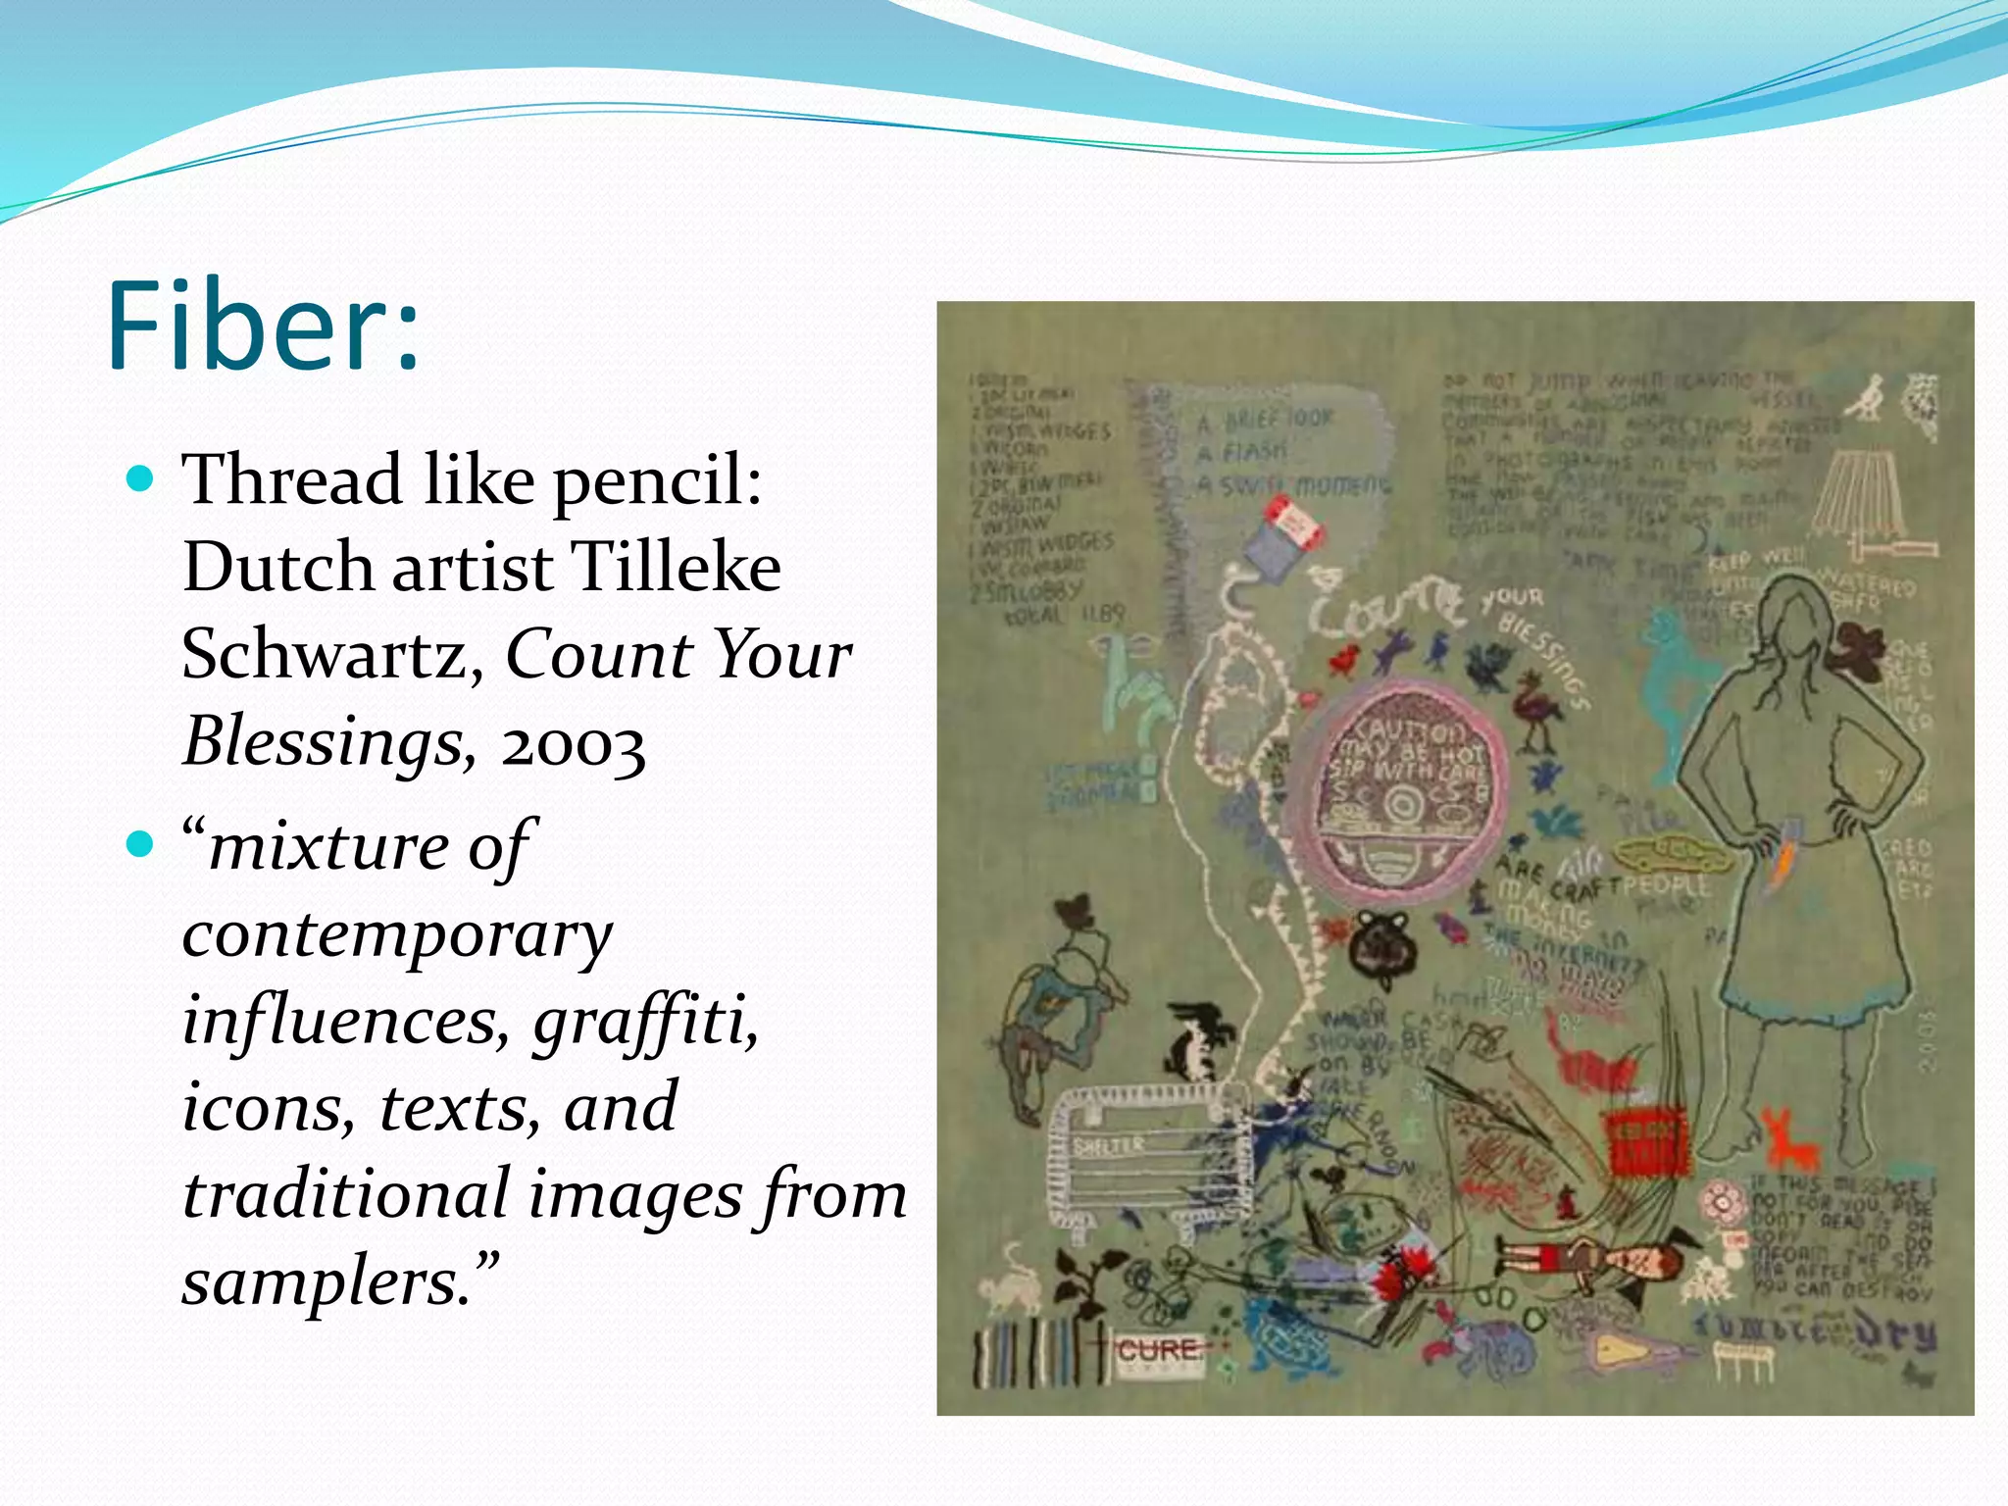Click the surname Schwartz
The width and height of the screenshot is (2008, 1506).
tap(330, 654)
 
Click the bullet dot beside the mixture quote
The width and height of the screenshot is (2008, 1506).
tap(142, 843)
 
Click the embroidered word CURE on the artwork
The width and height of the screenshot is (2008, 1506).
tap(1157, 1351)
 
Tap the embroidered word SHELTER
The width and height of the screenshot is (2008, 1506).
tap(1108, 1145)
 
